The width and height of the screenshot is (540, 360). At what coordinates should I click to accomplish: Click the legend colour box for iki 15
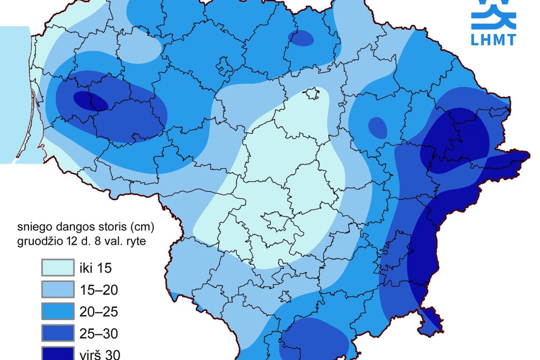[58, 268]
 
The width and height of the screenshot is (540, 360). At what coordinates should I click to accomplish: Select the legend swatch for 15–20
[58, 289]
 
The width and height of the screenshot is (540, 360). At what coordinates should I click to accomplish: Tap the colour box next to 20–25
[58, 311]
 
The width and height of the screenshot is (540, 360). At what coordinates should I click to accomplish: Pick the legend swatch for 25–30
[58, 333]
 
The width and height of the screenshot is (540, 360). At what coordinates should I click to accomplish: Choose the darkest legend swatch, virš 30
[58, 354]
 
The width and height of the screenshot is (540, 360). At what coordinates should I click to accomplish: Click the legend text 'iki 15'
[96, 268]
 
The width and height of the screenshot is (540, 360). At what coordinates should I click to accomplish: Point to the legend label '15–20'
[99, 290]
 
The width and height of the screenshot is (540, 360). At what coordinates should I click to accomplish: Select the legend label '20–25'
[99, 312]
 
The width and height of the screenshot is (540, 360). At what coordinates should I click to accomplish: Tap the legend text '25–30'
[99, 333]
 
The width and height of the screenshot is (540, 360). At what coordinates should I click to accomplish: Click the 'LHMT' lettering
[493, 39]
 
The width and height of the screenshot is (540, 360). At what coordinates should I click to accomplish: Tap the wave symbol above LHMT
[493, 15]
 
